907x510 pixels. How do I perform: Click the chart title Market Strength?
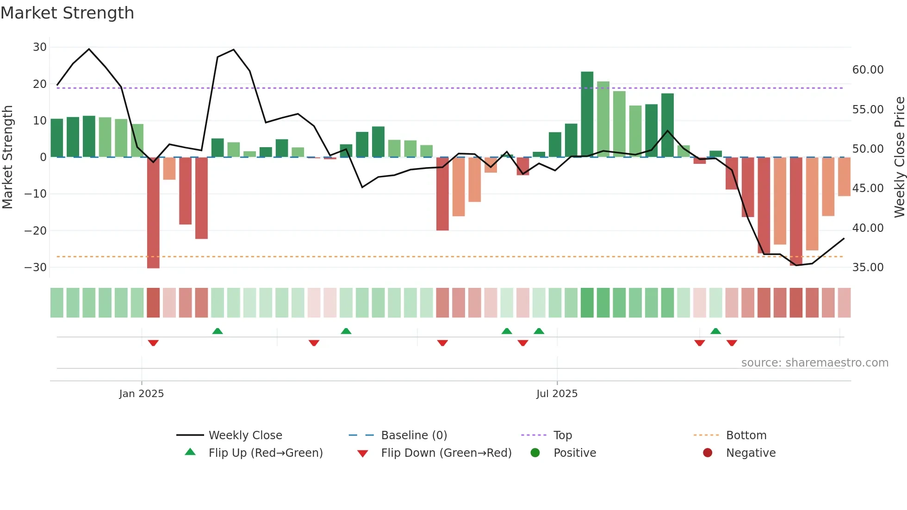coord(67,13)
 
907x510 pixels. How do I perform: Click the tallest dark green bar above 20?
coord(587,114)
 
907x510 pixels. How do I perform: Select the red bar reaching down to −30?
coord(153,213)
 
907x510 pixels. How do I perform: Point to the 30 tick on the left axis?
coord(40,47)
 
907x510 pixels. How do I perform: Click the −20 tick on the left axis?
coord(36,230)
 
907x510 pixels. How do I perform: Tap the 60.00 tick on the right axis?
coord(868,70)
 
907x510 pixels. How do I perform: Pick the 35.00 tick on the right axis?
coord(868,267)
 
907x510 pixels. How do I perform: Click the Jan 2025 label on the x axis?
coord(141,394)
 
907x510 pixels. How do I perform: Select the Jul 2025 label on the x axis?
coord(557,394)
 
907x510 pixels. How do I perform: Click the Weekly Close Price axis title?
coord(899,157)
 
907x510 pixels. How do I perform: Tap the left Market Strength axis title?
coord(7,157)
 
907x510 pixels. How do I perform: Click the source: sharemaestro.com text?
coord(814,363)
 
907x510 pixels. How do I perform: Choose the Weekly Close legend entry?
coord(245,435)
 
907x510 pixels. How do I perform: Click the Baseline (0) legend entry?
coord(414,435)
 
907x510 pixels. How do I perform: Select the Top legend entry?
coord(562,435)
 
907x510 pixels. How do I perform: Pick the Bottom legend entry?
coord(746,435)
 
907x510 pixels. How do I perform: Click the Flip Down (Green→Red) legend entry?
coord(446,453)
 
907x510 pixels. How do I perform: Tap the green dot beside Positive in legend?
coord(535,453)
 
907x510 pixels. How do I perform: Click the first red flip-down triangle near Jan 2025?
coord(153,343)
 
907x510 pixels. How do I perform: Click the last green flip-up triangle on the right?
coord(715,331)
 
